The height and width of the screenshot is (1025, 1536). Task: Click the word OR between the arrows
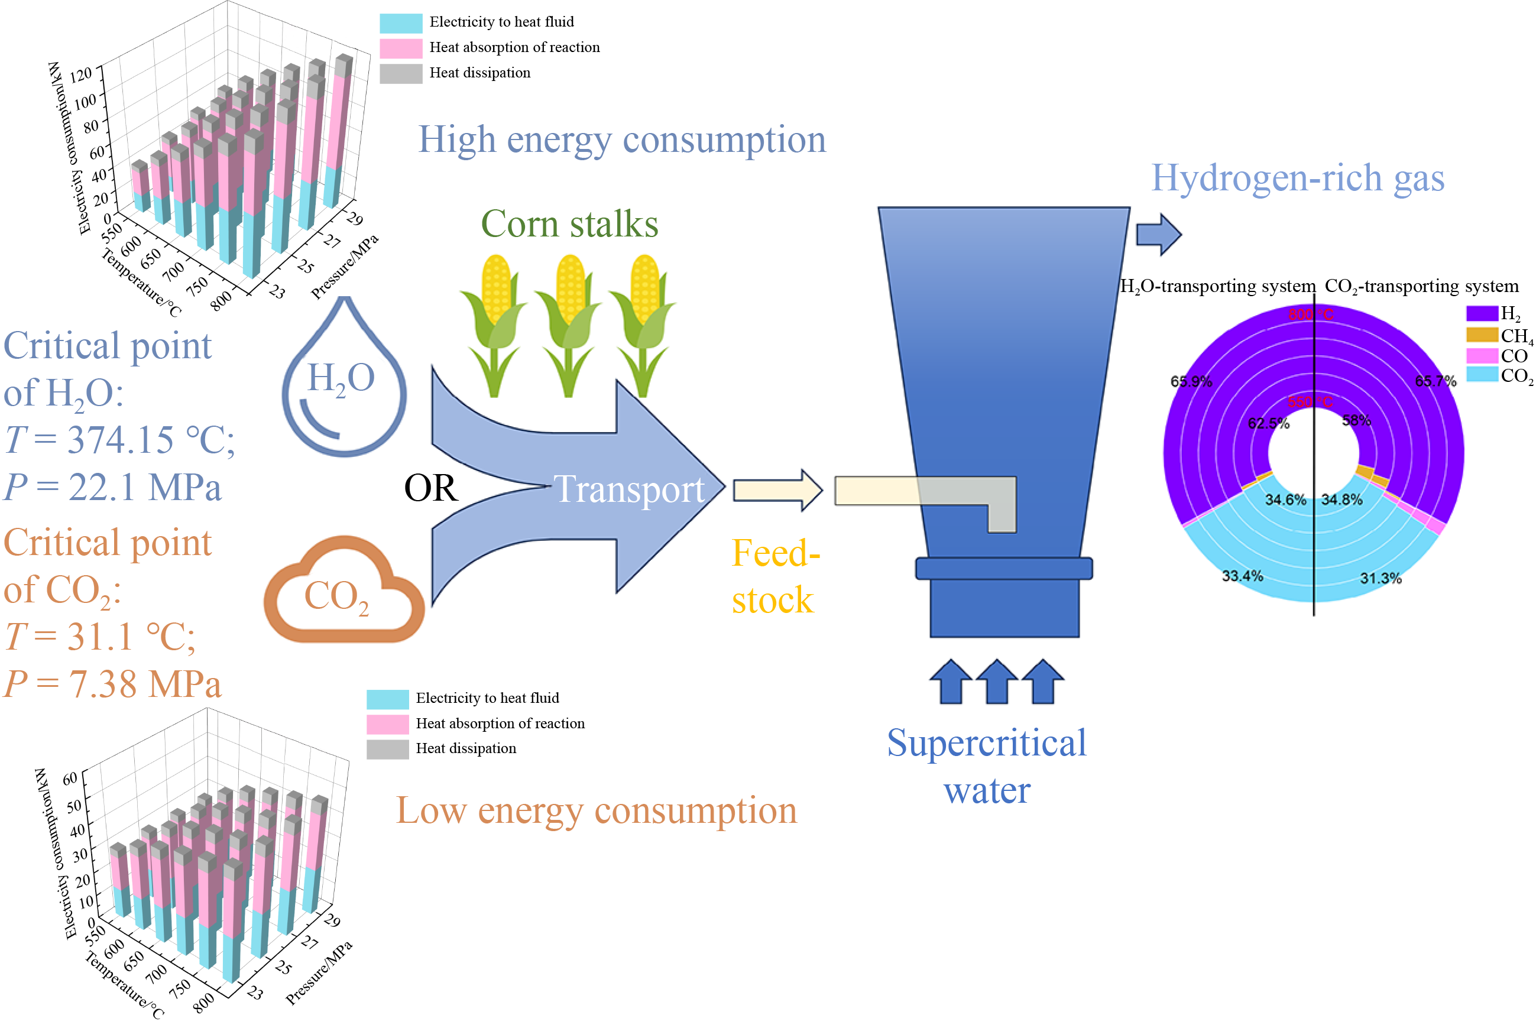(x=431, y=488)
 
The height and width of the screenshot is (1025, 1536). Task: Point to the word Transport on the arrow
(x=629, y=489)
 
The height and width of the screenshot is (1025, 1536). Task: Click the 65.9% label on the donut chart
(x=1191, y=381)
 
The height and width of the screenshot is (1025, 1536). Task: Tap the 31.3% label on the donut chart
(x=1381, y=578)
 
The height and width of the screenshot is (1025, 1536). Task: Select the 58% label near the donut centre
(x=1356, y=420)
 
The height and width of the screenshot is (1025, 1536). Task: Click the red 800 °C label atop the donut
(x=1311, y=314)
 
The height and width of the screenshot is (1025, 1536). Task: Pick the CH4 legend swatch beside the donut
(x=1482, y=335)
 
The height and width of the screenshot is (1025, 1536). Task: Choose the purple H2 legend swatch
(x=1482, y=313)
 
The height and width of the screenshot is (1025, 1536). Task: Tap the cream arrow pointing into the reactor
(x=777, y=489)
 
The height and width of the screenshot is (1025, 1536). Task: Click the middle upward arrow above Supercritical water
(x=997, y=681)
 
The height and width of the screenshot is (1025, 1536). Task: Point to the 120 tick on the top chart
(x=82, y=74)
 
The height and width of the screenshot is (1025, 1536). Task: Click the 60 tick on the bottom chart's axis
(x=69, y=779)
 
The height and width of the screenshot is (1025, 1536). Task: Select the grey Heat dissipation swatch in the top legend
(x=401, y=73)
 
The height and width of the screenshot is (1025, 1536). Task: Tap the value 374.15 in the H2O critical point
(x=121, y=439)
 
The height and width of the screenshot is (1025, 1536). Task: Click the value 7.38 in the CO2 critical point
(x=105, y=685)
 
